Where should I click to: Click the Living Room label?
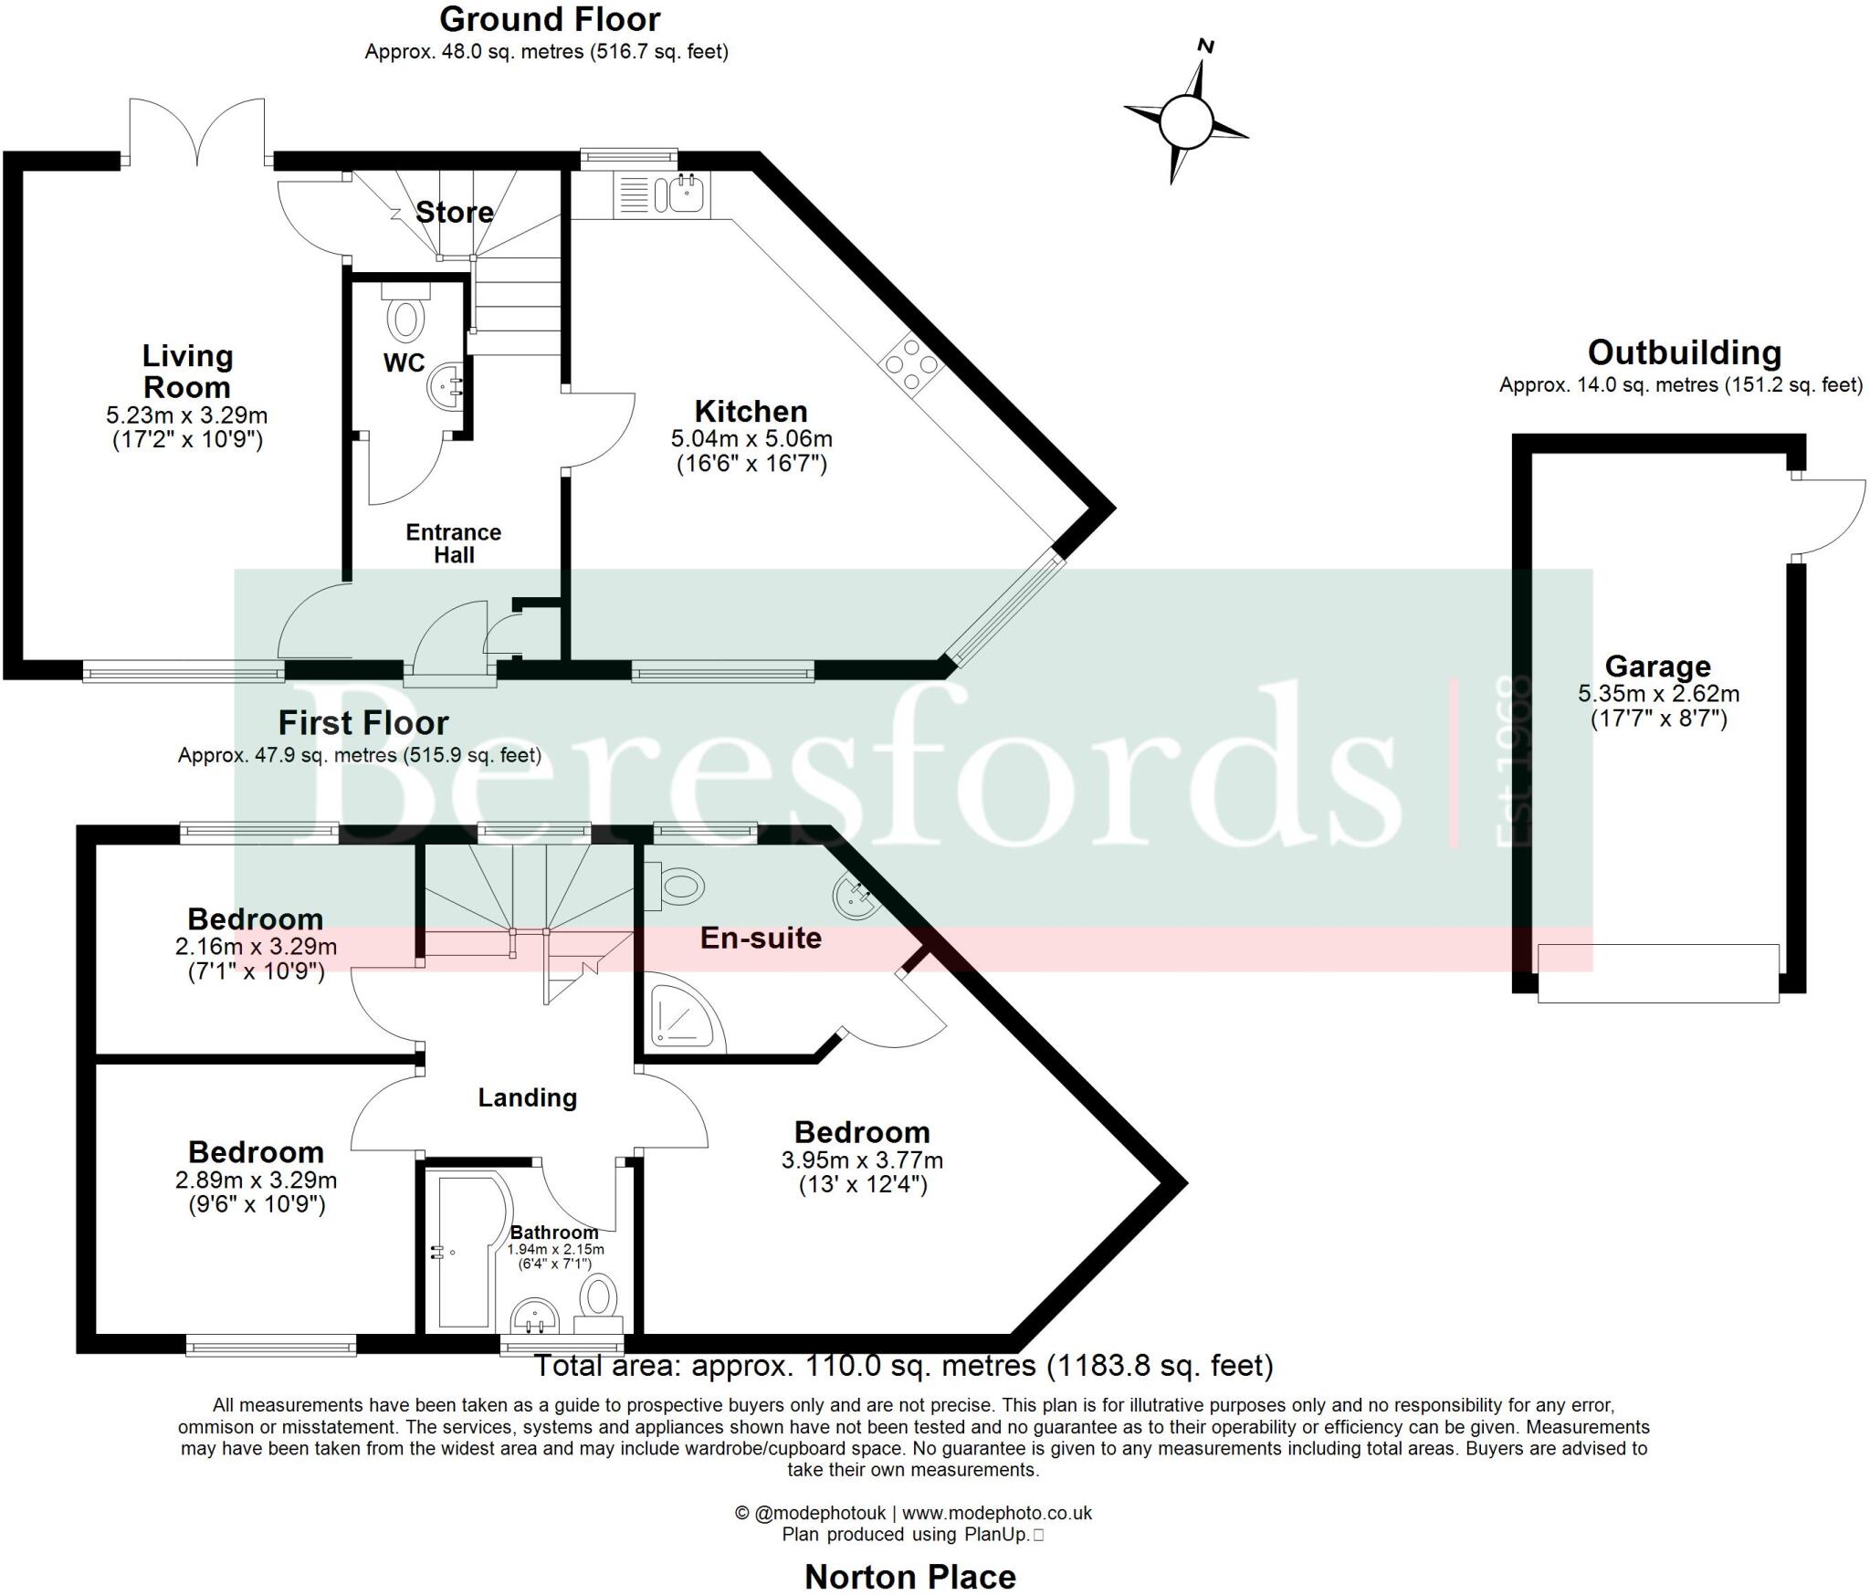tap(187, 372)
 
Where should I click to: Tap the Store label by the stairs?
tap(454, 213)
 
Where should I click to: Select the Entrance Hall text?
tap(454, 543)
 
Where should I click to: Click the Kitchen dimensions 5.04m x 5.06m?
tap(751, 439)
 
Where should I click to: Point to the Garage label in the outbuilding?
tap(1657, 666)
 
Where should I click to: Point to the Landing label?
tap(528, 1097)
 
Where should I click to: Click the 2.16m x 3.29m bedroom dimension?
tap(256, 948)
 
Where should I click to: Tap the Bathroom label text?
tap(554, 1233)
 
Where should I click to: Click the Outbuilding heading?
tap(1684, 352)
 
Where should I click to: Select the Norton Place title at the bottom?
tap(909, 1577)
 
